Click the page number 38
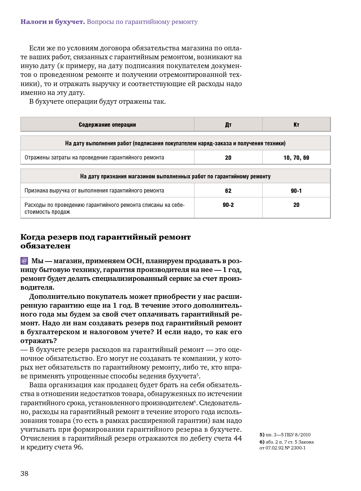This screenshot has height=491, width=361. tap(25, 473)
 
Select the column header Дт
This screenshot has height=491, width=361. tap(228, 125)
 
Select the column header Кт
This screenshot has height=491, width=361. tap(296, 125)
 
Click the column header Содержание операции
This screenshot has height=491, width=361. tap(107, 125)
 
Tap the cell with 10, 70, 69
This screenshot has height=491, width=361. tap(296, 158)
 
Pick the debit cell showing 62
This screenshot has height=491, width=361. tap(228, 191)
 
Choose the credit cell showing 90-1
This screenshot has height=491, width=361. tap(296, 191)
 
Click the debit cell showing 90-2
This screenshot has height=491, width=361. tap(228, 205)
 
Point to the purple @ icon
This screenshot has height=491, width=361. tap(24, 261)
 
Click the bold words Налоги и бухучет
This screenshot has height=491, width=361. tap(53, 22)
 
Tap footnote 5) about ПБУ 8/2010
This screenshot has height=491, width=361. tap(285, 435)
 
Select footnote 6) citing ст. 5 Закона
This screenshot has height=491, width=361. tap(286, 445)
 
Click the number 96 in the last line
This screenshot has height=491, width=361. tap(78, 447)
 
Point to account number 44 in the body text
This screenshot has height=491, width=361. tap(237, 438)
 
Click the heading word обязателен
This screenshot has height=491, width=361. tap(45, 246)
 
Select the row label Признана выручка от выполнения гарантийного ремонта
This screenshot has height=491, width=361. tap(94, 191)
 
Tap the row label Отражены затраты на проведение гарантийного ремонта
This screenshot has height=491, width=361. tap(94, 158)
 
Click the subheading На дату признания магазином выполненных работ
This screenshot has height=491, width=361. tap(175, 176)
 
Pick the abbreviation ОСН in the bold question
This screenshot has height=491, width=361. tap(134, 261)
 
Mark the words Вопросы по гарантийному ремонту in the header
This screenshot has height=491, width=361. tap(142, 22)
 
